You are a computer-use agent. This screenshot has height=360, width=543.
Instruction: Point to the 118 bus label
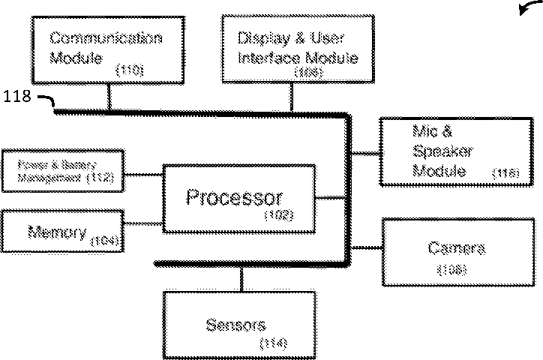pos(17,97)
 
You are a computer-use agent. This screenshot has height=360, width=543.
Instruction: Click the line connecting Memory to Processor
pos(142,223)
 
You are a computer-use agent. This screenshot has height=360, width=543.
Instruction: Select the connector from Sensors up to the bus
pos(241,277)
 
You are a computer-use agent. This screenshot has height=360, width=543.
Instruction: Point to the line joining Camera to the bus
pos(365,247)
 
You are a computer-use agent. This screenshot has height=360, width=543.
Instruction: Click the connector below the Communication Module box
pos(110,97)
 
